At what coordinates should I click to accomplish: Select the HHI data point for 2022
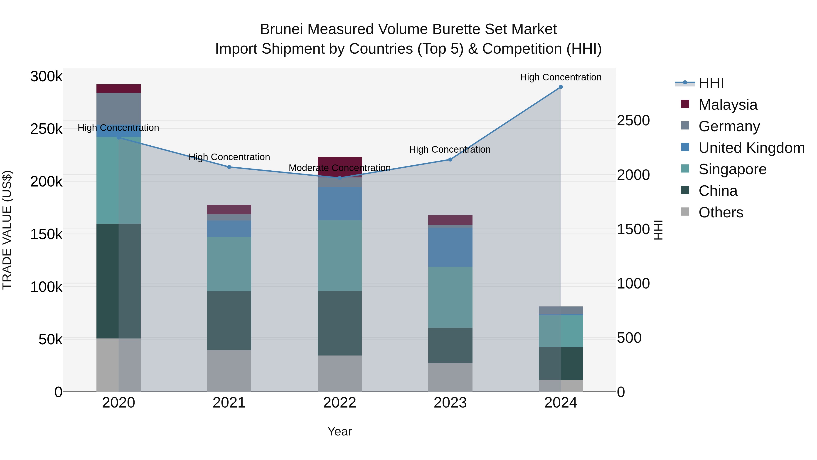pyautogui.click(x=340, y=178)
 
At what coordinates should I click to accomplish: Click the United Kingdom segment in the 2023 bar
pyautogui.click(x=450, y=247)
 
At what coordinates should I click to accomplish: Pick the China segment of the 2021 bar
pyautogui.click(x=229, y=320)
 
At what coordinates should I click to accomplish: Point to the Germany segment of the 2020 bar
pyautogui.click(x=118, y=108)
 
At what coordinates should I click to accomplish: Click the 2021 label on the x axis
pyautogui.click(x=229, y=403)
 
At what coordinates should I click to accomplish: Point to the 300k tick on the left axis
pyautogui.click(x=46, y=77)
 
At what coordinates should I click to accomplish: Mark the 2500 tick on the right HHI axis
pyautogui.click(x=633, y=121)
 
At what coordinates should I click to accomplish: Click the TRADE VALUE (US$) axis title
pyautogui.click(x=7, y=230)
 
